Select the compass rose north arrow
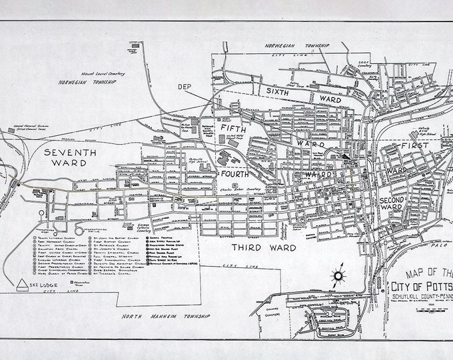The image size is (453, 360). (x=338, y=275)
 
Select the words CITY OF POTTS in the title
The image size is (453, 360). (x=419, y=286)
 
